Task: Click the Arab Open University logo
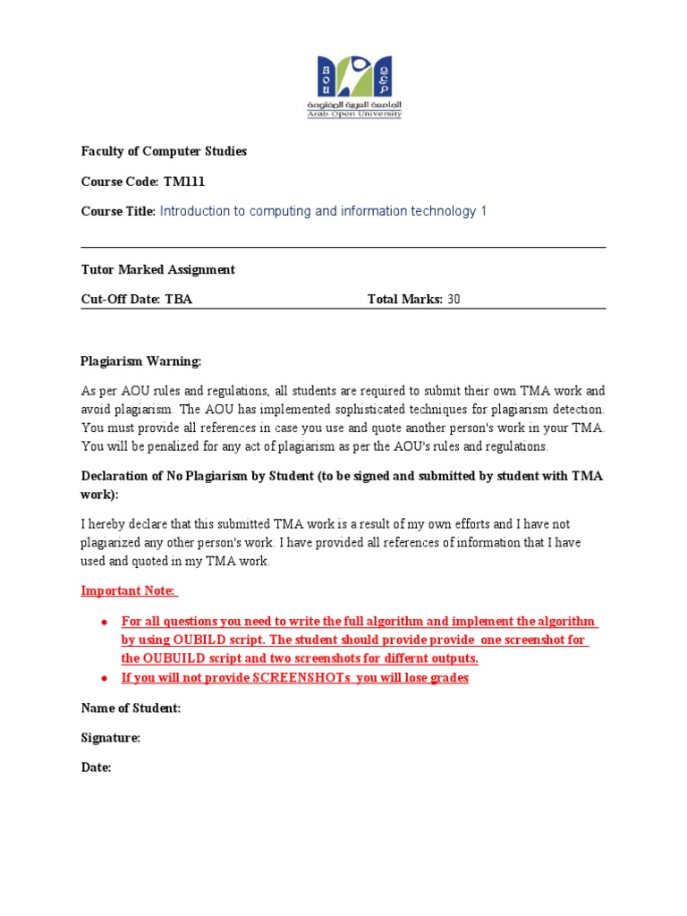pyautogui.click(x=360, y=87)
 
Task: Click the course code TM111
pyautogui.click(x=184, y=182)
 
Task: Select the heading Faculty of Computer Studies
pyautogui.click(x=164, y=151)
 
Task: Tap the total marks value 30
pyautogui.click(x=454, y=300)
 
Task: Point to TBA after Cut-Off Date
pyautogui.click(x=179, y=300)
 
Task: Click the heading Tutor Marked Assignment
pyautogui.click(x=158, y=269)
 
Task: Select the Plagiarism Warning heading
pyautogui.click(x=141, y=361)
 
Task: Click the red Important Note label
pyautogui.click(x=129, y=591)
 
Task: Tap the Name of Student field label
pyautogui.click(x=131, y=708)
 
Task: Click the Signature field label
pyautogui.click(x=111, y=738)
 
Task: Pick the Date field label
pyautogui.click(x=96, y=768)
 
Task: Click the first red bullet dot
pyautogui.click(x=105, y=622)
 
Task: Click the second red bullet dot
pyautogui.click(x=105, y=678)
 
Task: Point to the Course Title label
pyautogui.click(x=118, y=212)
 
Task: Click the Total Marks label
pyautogui.click(x=404, y=300)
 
